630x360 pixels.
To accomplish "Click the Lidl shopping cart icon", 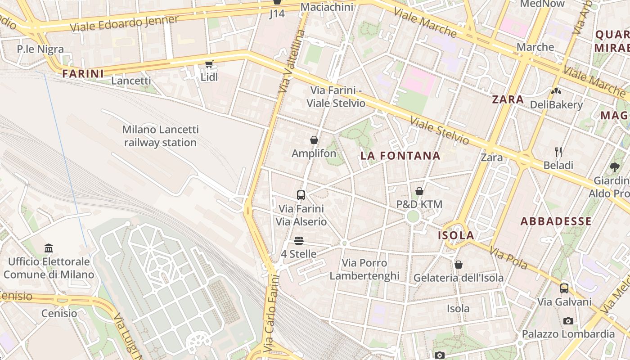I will (209, 64).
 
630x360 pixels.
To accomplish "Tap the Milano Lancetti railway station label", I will (160, 136).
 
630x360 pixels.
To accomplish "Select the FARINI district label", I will (83, 73).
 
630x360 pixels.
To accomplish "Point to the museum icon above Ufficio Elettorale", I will (49, 248).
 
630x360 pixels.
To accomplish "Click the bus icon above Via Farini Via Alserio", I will (301, 195).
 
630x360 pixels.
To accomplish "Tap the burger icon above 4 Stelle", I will (299, 241).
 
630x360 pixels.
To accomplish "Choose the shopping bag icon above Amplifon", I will (314, 140).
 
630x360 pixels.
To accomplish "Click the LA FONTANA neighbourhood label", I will (400, 156).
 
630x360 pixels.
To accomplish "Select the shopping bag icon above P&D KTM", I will (419, 191).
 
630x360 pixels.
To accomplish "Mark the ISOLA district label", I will (456, 235).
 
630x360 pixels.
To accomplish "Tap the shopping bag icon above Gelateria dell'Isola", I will (459, 265).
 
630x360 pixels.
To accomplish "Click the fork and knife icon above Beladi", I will (558, 152).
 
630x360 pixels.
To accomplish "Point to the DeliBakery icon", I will (556, 91).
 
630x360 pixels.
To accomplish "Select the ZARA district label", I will (508, 99).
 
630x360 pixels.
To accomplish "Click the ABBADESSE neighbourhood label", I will (556, 221).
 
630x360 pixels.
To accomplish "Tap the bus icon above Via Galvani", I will (564, 288).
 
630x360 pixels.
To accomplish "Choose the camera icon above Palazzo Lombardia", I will (568, 321).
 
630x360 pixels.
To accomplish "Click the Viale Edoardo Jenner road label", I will (124, 24).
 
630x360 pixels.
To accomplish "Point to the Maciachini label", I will (327, 7).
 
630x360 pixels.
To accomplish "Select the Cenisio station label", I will (59, 313).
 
